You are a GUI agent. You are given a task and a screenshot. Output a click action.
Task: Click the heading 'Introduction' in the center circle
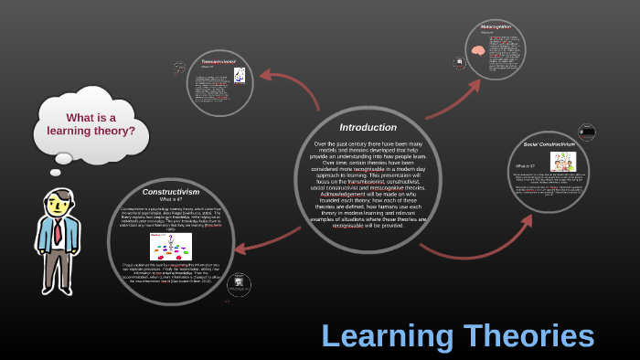click(x=368, y=127)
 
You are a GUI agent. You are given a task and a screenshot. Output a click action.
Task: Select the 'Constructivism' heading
click(x=170, y=191)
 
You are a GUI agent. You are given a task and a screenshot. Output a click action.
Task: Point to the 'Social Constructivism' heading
click(x=550, y=145)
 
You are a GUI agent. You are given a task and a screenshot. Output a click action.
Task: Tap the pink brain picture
click(x=478, y=53)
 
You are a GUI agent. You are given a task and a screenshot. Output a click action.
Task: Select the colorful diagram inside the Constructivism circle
click(x=170, y=246)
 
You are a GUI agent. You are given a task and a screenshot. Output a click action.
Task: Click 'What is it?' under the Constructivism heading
click(x=170, y=199)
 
